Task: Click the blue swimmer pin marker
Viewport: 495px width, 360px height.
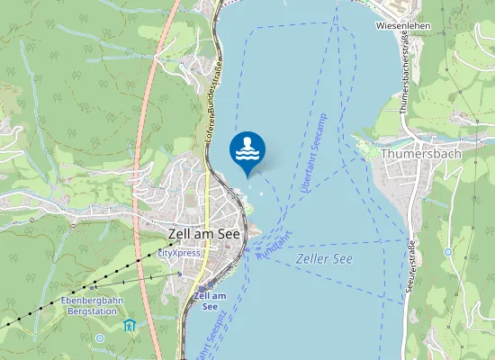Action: pyautogui.click(x=247, y=150)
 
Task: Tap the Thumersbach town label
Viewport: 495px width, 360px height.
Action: pyautogui.click(x=421, y=154)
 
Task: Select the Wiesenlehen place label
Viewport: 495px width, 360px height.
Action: pyautogui.click(x=404, y=27)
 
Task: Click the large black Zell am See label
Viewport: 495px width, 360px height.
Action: pyautogui.click(x=202, y=233)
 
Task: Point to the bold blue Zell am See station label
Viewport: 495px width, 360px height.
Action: pyautogui.click(x=211, y=301)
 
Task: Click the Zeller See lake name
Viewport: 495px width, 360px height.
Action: pyautogui.click(x=324, y=258)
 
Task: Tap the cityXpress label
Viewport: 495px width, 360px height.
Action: pyautogui.click(x=179, y=254)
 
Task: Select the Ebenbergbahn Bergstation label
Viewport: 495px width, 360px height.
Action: pyautogui.click(x=89, y=305)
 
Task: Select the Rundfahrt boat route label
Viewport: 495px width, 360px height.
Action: pyautogui.click(x=275, y=247)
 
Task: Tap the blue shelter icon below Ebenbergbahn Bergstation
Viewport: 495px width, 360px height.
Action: pyautogui.click(x=129, y=324)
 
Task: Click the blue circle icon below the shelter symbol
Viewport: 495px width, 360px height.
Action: pyautogui.click(x=100, y=338)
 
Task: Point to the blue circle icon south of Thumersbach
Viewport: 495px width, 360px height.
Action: pyautogui.click(x=448, y=252)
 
